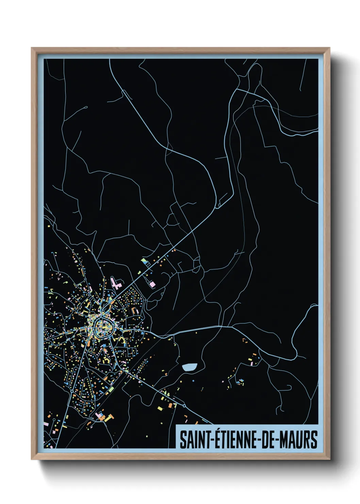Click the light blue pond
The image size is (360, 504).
[x=190, y=367]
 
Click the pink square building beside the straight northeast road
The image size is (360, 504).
[x=152, y=284]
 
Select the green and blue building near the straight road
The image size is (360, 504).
[x=146, y=262]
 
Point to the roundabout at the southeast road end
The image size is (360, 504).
[x=184, y=406]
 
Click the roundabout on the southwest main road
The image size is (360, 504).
[x=72, y=394]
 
